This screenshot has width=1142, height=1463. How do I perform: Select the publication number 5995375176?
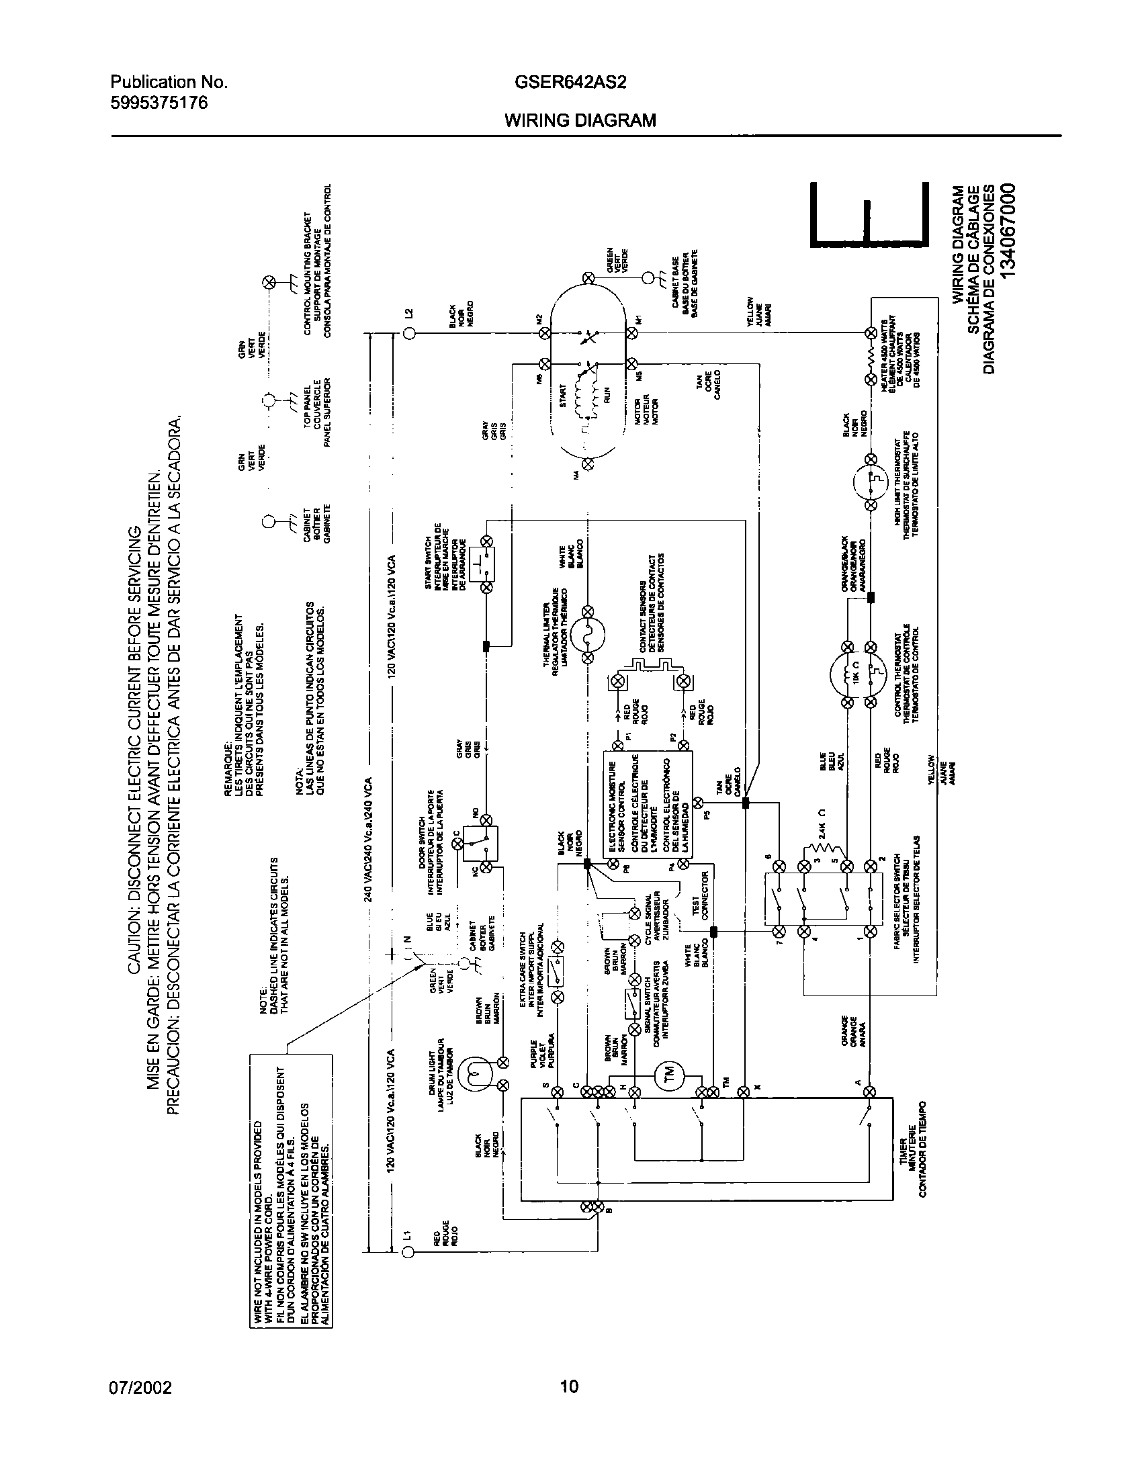[159, 103]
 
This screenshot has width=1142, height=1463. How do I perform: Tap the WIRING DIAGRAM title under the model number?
[580, 120]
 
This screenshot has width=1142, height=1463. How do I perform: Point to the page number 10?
[570, 1386]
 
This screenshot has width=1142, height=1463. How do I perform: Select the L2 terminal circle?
[407, 334]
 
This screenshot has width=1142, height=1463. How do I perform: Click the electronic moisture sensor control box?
[648, 802]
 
